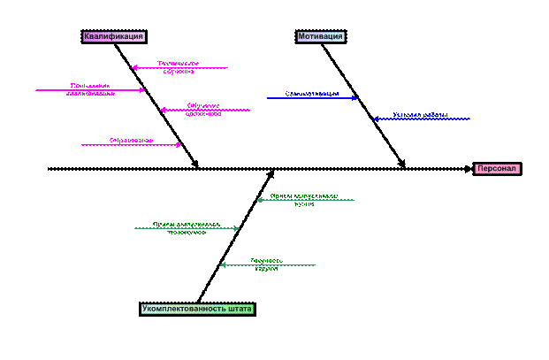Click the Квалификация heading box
114,37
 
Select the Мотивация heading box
320,37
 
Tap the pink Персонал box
497,169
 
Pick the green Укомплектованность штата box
197,310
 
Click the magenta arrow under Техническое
181,68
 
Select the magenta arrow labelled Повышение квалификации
88,90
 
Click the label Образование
131,140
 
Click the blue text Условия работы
420,114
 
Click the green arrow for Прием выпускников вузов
305,200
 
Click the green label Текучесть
266,260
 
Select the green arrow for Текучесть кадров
267,265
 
